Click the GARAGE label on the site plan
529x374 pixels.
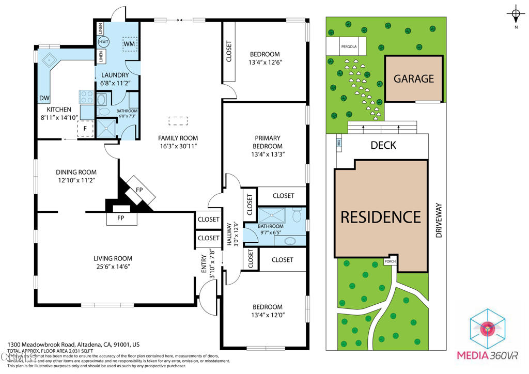tap(414, 79)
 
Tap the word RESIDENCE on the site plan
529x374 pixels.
tap(381, 216)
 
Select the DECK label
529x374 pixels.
tap(383, 145)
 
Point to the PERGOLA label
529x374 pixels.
tap(349, 46)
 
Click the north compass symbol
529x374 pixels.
tap(516, 14)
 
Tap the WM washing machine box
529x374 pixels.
tap(130, 44)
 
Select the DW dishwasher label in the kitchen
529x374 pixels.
tap(44, 98)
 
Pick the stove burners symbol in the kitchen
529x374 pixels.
tap(86, 97)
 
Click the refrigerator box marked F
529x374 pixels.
tap(85, 129)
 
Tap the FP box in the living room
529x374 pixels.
tap(122, 219)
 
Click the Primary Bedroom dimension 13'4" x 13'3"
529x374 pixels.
tap(268, 154)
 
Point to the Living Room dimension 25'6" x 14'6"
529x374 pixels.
tap(113, 267)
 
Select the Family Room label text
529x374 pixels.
tap(178, 138)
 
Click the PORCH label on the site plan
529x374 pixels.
tap(390, 261)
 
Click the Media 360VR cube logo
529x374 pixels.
tap(487, 329)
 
